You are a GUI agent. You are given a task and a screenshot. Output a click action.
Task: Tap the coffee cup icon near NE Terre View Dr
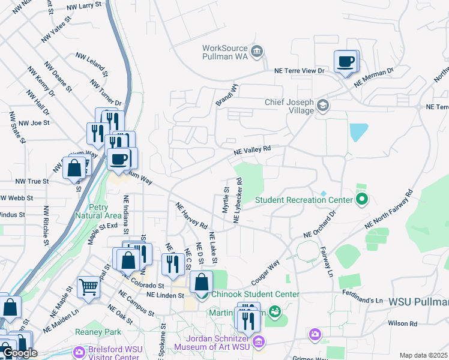click(x=345, y=62)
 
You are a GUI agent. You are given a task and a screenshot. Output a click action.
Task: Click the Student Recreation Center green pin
click(x=361, y=199)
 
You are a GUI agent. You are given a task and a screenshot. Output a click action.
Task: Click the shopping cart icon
click(x=88, y=287)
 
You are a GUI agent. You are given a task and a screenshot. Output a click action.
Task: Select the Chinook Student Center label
click(x=255, y=294)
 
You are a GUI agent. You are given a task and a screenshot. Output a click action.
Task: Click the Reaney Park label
click(x=98, y=332)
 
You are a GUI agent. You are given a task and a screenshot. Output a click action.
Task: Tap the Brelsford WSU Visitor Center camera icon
click(x=79, y=352)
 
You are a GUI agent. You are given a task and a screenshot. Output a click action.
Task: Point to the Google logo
click(x=19, y=353)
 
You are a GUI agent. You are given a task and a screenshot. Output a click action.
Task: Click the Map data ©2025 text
click(x=423, y=355)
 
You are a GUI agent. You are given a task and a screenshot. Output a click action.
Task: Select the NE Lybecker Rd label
click(x=238, y=200)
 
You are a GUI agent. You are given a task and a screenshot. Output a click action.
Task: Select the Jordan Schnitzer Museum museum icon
click(x=259, y=343)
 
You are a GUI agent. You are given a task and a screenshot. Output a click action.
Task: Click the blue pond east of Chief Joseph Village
click(x=358, y=132)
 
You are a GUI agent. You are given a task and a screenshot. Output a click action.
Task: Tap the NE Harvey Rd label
click(x=191, y=216)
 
